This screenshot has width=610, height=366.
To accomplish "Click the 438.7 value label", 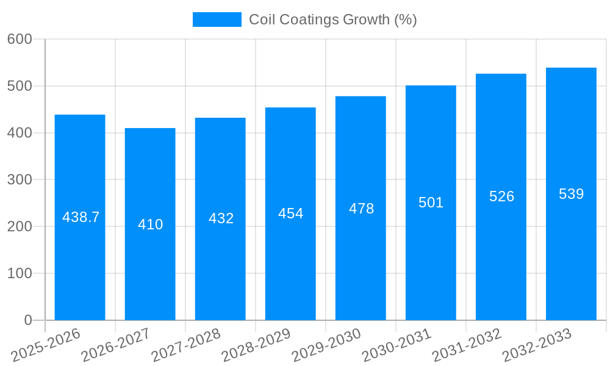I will click(x=81, y=217).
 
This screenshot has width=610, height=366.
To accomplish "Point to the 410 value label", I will click(x=150, y=224).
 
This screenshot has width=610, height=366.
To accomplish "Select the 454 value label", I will click(x=290, y=213).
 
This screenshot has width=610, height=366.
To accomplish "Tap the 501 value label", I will click(x=431, y=203).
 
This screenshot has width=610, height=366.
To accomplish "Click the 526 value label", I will click(x=501, y=196).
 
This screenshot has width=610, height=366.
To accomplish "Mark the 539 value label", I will click(x=571, y=194).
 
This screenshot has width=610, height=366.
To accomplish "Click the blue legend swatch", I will click(x=217, y=20).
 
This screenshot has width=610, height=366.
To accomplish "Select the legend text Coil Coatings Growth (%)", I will click(x=332, y=20).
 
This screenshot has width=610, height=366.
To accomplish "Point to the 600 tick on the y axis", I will click(x=20, y=39).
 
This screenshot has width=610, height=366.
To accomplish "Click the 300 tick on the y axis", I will click(x=20, y=180).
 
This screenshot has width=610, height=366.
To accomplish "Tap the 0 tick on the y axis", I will click(x=27, y=320).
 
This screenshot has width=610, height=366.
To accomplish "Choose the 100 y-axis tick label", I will click(x=20, y=273).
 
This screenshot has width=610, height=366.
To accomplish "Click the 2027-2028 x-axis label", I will click(x=186, y=345).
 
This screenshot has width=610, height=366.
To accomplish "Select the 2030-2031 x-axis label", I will click(x=396, y=345).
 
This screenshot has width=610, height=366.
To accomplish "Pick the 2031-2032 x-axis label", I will click(x=467, y=345).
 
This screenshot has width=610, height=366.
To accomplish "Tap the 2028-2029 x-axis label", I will click(x=256, y=345).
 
